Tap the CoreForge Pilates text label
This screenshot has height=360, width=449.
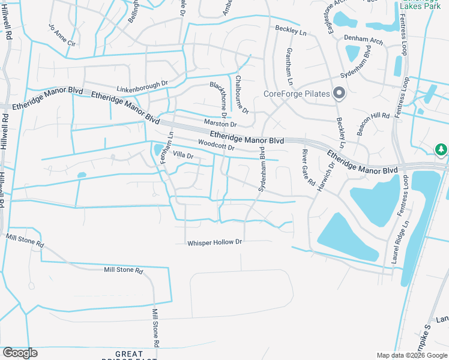[297, 94]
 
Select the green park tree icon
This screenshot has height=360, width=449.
[441, 149]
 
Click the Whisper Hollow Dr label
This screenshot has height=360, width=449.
[214, 242]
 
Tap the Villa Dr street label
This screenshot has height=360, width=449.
[183, 155]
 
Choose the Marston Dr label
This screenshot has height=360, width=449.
[221, 123]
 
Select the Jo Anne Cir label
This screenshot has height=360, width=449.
[62, 35]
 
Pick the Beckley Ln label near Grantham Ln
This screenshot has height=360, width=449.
[291, 29]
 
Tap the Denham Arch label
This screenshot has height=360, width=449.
[364, 40]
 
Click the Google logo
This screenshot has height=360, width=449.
[20, 353]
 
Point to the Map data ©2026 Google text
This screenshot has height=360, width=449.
[412, 355]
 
